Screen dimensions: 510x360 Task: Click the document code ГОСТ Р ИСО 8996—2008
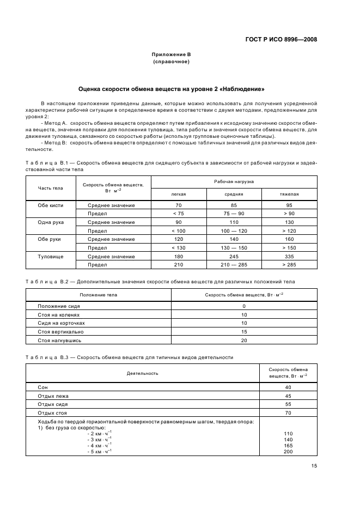tap(282, 39)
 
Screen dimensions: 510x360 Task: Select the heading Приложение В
tap(171, 54)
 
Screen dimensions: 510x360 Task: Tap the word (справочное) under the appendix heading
tap(171, 62)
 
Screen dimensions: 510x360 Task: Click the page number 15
tap(314, 465)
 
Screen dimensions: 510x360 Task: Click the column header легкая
tap(179, 193)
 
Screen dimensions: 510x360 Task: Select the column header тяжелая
tap(289, 193)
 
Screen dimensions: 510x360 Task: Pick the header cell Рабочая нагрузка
tap(234, 181)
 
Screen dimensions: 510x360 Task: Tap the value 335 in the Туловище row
tap(289, 256)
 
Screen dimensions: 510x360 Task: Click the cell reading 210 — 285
tap(234, 265)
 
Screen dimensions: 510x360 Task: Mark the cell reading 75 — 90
tap(234, 214)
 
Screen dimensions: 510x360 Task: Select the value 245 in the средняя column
tap(234, 256)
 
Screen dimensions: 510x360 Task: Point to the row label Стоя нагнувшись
tap(59, 340)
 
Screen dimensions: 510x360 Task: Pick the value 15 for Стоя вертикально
tap(244, 331)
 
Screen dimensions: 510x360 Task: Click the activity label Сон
tap(43, 387)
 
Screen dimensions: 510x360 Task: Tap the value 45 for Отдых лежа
tap(288, 396)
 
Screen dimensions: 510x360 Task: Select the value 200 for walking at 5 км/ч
tap(288, 452)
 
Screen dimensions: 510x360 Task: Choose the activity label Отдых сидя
tap(53, 404)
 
